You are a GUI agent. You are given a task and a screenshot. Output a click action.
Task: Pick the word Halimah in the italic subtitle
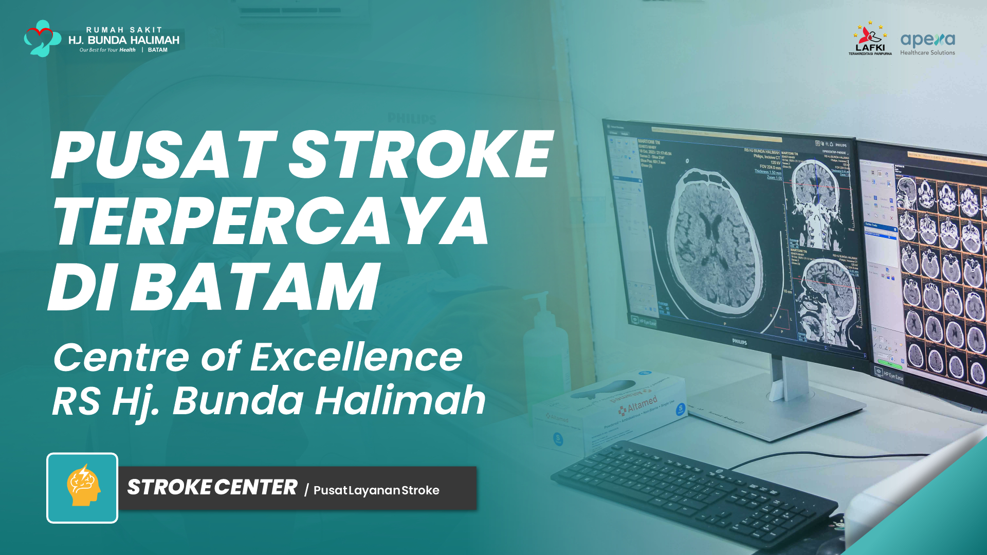coord(400,400)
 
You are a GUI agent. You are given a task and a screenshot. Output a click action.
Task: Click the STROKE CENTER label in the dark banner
coord(212,488)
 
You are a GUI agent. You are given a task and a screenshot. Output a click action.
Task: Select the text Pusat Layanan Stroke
coord(376,490)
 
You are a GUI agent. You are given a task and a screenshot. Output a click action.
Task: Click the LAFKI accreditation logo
coord(870,39)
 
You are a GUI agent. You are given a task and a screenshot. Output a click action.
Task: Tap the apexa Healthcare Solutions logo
coord(927,43)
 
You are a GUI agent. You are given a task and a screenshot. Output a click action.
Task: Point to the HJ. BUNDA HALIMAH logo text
coord(124,40)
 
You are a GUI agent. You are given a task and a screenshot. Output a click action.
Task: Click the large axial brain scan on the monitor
coord(715,242)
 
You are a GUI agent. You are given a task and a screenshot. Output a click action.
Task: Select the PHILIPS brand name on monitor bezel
coord(739,341)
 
